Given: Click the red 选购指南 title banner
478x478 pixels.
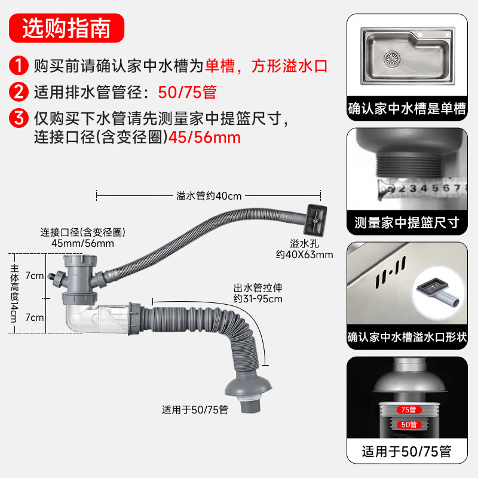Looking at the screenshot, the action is coord(66,28).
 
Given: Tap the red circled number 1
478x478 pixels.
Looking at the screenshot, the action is coord(19,66).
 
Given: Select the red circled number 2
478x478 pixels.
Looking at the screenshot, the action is coord(19,92).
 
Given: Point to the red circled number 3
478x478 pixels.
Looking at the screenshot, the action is coord(19,118).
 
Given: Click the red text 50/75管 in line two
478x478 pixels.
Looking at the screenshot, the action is coord(187,92).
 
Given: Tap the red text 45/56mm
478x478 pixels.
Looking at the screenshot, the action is coord(204,137).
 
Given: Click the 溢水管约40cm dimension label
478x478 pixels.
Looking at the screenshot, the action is coord(209,196).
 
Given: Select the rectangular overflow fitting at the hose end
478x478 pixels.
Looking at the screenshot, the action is coord(315,220).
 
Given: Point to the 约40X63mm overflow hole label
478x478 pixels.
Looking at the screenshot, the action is coord(305,255).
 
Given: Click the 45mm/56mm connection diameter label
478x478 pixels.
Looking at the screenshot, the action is coord(82,243).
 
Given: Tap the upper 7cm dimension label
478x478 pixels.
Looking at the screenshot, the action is coord(35,275).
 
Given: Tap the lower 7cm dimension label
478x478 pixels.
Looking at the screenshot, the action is coord(35,317).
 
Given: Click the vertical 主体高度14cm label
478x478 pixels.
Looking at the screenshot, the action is coord(14,293).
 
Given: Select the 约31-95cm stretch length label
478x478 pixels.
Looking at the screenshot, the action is coord(258,299).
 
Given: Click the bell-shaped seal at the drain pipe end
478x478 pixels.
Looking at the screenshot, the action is coord(249,386).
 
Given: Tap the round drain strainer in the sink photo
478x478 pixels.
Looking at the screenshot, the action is coord(392,59).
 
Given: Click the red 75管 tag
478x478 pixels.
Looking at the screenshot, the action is coord(409,410).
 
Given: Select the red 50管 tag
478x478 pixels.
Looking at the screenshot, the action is coord(409,425).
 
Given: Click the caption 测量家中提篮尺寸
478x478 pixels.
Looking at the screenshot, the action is coord(407,222).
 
